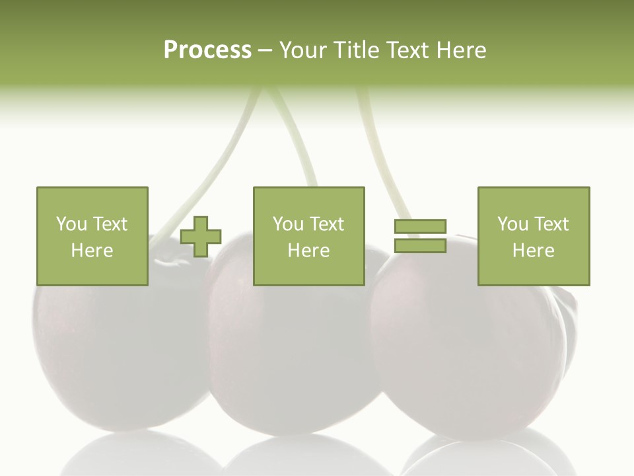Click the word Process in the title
point(207,50)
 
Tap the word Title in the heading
point(357,50)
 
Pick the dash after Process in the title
point(265,50)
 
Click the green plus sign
point(201,237)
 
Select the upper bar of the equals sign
point(420,227)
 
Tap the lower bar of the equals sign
point(420,246)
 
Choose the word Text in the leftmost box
point(110,224)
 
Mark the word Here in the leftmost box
point(92,251)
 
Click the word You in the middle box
point(289,224)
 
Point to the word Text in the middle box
point(326,224)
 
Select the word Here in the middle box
point(308,251)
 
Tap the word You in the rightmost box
point(513,224)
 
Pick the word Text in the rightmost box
point(551,224)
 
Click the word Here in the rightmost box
point(533,251)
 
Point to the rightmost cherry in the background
point(475,357)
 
